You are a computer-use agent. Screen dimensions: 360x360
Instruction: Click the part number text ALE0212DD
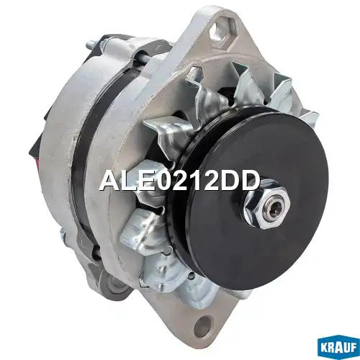pos(179,181)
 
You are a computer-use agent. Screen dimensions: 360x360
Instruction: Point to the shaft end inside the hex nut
pos(274,199)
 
